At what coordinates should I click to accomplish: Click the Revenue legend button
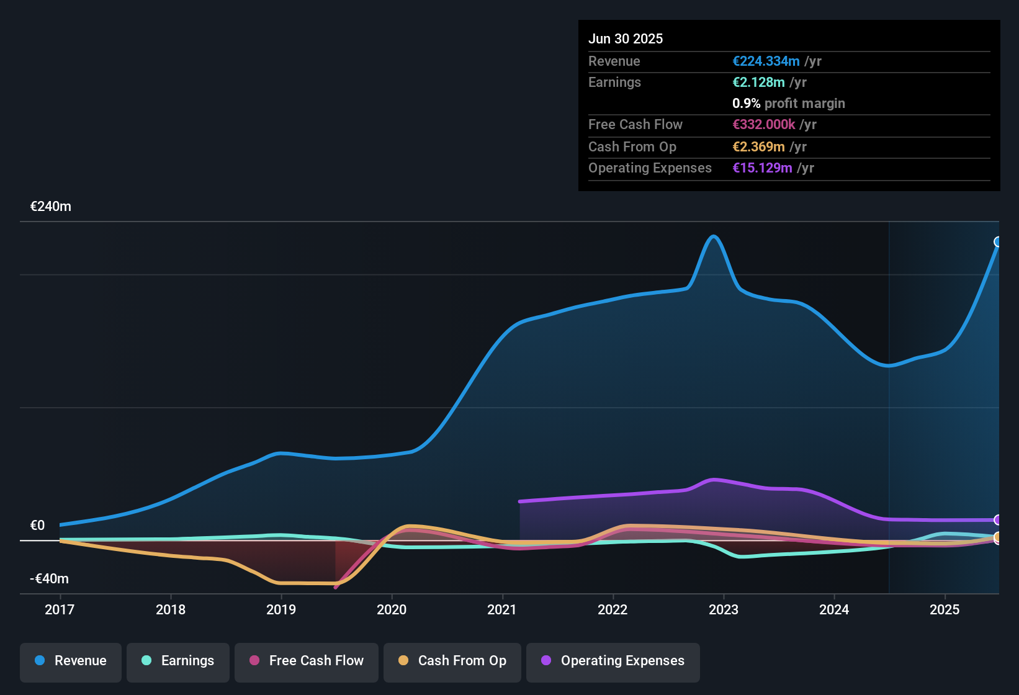click(x=71, y=661)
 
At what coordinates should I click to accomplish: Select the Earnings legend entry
click(x=178, y=661)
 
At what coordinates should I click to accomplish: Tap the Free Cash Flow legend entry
click(x=307, y=661)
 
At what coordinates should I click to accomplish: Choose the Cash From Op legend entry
click(x=452, y=661)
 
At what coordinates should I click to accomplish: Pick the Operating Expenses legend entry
click(x=613, y=661)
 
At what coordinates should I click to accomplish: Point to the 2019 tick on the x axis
click(x=281, y=609)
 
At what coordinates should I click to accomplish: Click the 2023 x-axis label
click(x=724, y=609)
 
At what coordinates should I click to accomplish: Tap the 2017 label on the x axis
click(x=60, y=609)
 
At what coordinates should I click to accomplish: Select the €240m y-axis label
click(x=51, y=207)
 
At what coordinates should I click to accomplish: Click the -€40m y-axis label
click(x=50, y=579)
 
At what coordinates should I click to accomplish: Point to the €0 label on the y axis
click(x=38, y=526)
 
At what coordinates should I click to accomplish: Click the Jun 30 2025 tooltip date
click(x=626, y=38)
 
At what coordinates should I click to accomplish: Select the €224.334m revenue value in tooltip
click(x=766, y=61)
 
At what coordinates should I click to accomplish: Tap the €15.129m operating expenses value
click(x=762, y=168)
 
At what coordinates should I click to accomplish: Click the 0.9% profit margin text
click(x=788, y=104)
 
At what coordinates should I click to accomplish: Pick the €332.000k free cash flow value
click(x=763, y=125)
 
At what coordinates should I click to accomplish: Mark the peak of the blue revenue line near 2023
click(x=714, y=236)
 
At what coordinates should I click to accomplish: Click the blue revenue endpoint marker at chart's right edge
click(x=998, y=242)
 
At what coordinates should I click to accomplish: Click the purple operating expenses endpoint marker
click(x=998, y=520)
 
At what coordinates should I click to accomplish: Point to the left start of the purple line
click(x=520, y=501)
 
